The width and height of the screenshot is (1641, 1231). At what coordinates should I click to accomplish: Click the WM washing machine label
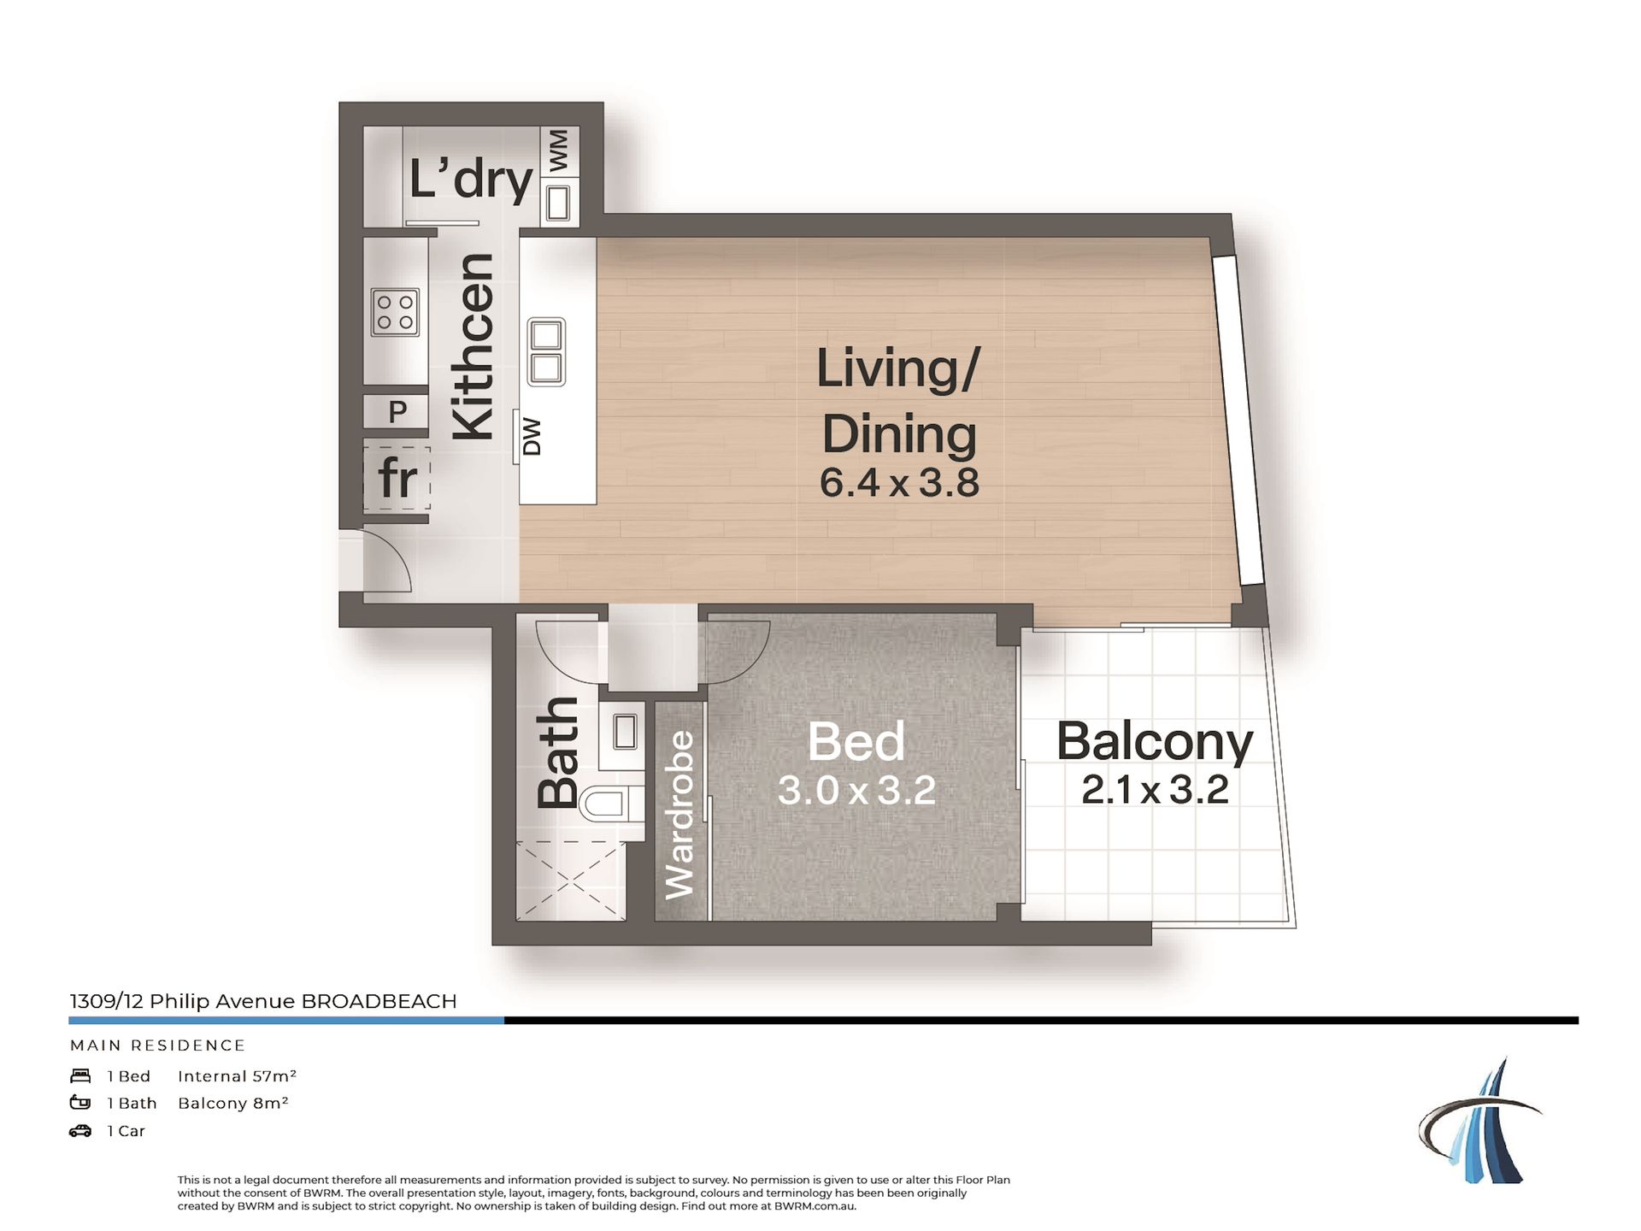559,151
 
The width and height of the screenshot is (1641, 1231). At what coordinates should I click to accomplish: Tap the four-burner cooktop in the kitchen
395,312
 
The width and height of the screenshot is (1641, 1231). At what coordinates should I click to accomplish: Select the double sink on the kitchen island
546,351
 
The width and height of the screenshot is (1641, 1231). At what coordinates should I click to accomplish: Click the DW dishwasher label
532,436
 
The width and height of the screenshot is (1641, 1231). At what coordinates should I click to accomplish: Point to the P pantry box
397,411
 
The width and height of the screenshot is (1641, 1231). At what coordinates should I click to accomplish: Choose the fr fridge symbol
397,477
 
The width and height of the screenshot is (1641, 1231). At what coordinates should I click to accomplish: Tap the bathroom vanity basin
625,733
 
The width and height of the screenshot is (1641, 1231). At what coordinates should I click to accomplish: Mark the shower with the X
569,880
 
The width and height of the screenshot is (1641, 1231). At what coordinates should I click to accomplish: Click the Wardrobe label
680,815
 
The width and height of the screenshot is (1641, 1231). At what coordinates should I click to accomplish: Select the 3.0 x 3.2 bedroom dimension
856,791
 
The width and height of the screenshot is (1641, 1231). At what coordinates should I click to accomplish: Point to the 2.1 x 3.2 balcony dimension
1155,790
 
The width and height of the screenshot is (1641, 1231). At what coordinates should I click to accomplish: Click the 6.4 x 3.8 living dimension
899,482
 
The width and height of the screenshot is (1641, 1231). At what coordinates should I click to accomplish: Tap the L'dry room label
471,180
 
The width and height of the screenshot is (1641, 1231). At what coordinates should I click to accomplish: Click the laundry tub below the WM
558,203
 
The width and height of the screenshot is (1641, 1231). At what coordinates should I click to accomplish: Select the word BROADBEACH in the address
379,1001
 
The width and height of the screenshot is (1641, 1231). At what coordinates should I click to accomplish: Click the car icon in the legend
80,1131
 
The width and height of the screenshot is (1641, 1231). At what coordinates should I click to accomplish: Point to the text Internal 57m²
237,1076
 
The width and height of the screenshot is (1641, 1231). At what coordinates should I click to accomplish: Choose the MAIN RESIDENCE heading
157,1045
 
